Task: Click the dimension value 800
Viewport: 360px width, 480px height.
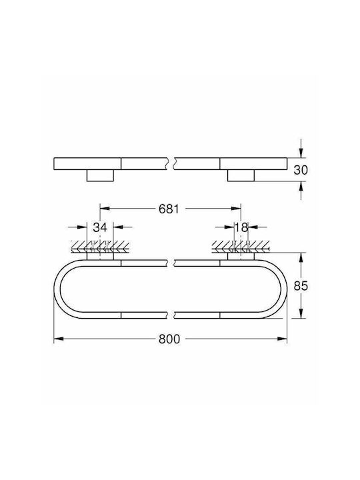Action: (169, 339)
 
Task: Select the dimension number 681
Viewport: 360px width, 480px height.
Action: (169, 209)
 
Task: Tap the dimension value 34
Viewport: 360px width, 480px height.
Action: (100, 227)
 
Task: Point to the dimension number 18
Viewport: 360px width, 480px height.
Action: (241, 227)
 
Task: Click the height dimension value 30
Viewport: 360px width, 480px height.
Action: (301, 170)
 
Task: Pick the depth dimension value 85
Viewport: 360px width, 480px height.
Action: (301, 286)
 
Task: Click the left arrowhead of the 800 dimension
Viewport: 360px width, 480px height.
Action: (59, 339)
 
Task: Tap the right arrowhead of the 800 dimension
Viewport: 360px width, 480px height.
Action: (283, 339)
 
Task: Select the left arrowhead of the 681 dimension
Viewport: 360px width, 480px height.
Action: (105, 209)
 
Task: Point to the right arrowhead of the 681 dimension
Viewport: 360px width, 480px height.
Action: (236, 209)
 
